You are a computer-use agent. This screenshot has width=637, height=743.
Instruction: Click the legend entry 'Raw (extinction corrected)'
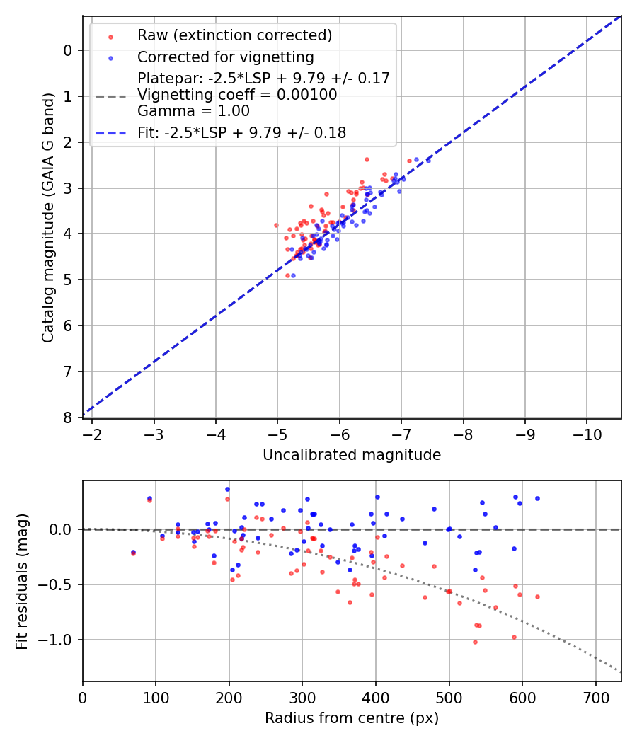tap(234, 35)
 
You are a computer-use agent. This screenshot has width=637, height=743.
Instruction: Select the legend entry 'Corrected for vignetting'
tap(225, 57)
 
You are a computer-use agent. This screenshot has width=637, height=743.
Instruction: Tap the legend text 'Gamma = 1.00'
tap(193, 110)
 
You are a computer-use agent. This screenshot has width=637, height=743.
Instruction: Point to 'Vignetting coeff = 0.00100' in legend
tap(237, 95)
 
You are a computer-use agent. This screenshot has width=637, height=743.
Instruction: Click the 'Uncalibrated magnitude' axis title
tap(352, 455)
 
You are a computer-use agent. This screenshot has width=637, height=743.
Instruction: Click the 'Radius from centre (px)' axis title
tap(352, 718)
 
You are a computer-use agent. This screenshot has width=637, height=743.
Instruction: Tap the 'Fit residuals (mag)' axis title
tap(22, 582)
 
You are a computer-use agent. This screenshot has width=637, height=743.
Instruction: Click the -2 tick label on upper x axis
tap(92, 434)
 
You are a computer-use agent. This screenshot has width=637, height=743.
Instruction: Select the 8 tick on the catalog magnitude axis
tap(68, 417)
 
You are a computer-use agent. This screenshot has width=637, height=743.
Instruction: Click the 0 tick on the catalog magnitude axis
tap(68, 50)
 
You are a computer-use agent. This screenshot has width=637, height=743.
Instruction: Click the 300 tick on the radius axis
tap(302, 697)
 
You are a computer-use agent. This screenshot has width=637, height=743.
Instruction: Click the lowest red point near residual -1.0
tap(475, 642)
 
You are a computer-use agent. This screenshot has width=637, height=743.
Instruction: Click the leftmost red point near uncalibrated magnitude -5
tap(276, 225)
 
